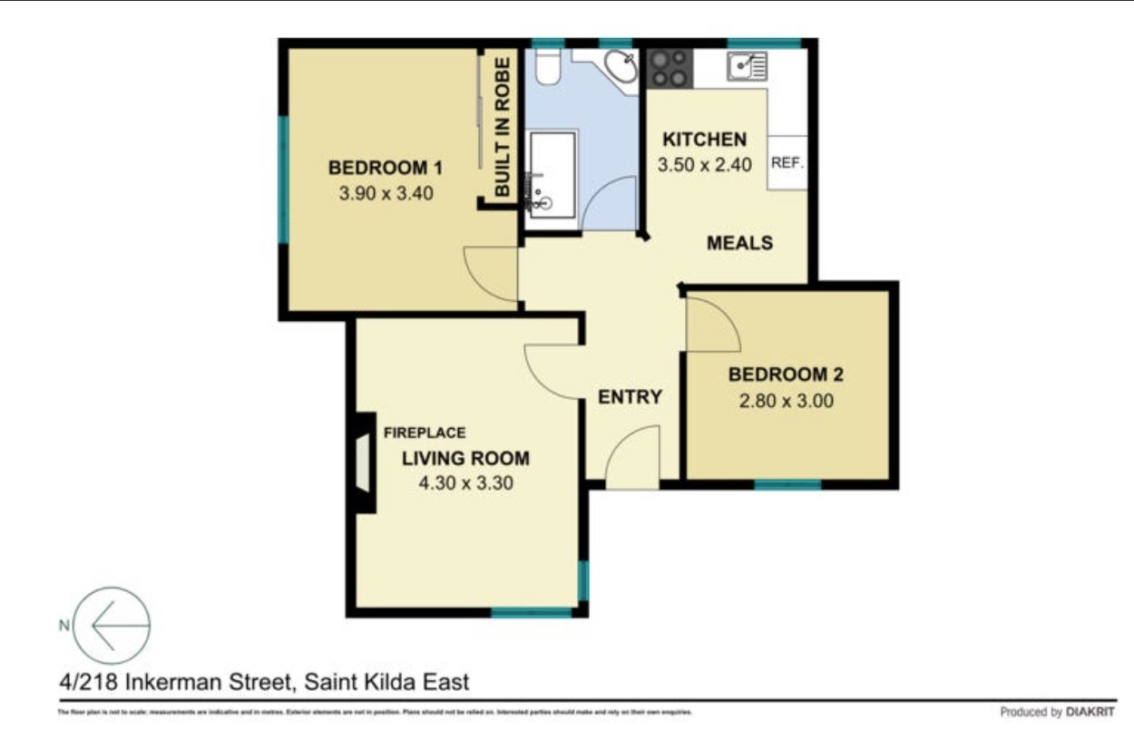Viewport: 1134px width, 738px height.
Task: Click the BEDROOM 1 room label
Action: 385,168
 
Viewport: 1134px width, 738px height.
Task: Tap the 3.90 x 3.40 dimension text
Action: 385,193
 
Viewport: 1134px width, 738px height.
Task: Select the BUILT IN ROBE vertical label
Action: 502,127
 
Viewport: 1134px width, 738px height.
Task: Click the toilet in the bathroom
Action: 547,66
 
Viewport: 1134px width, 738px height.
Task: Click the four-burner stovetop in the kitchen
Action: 670,67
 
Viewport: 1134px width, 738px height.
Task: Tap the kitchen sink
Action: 747,65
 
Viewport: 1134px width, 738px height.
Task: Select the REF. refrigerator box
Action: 787,164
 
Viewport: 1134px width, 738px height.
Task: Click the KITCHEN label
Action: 705,140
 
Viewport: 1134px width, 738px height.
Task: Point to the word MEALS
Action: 739,243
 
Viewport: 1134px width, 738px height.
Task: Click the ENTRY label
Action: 630,397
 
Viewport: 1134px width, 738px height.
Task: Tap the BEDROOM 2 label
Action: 780,374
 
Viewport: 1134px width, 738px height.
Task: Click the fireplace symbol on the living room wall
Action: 364,462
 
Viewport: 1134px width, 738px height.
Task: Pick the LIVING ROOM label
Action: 465,458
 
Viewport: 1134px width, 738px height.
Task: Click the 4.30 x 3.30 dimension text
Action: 465,483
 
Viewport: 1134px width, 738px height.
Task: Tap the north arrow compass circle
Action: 112,625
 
